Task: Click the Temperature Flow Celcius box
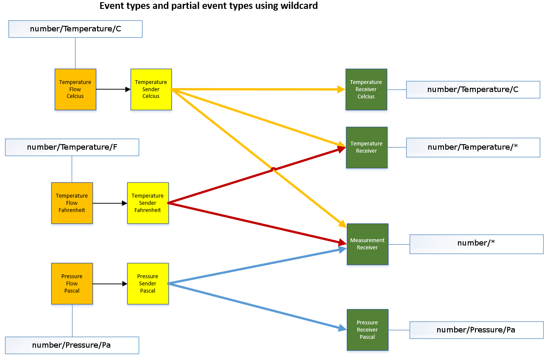tap(75, 89)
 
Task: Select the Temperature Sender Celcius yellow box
tap(151, 89)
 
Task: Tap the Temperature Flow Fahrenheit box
tap(72, 203)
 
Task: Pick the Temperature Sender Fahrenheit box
tap(148, 203)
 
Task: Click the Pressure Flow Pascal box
tap(72, 284)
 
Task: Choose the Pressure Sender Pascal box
tap(148, 284)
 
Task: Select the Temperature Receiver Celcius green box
tap(366, 89)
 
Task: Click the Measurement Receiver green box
tap(367, 244)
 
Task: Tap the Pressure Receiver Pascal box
tap(367, 330)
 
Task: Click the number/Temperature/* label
tap(473, 148)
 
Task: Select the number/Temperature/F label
tap(72, 148)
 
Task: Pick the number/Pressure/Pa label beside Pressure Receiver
tap(476, 330)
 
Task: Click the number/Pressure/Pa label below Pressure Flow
tap(72, 345)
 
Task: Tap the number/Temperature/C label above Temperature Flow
tap(75, 29)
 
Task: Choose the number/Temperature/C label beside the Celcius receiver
tap(473, 89)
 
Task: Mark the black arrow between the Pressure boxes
tap(110, 284)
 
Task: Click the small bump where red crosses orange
tap(274, 169)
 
